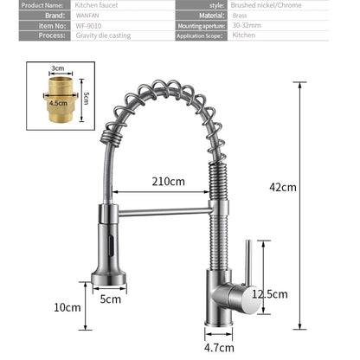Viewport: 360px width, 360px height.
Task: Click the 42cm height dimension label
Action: tap(282, 187)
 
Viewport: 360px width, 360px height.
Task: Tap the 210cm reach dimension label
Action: tap(169, 182)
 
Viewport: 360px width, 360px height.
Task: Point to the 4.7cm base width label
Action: tap(223, 348)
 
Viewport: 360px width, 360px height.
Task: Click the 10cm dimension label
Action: tap(67, 307)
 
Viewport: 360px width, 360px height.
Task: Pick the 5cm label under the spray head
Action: tap(110, 299)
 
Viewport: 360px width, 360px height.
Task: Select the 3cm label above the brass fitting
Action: tap(58, 67)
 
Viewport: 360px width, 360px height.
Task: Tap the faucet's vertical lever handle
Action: tap(247, 264)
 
